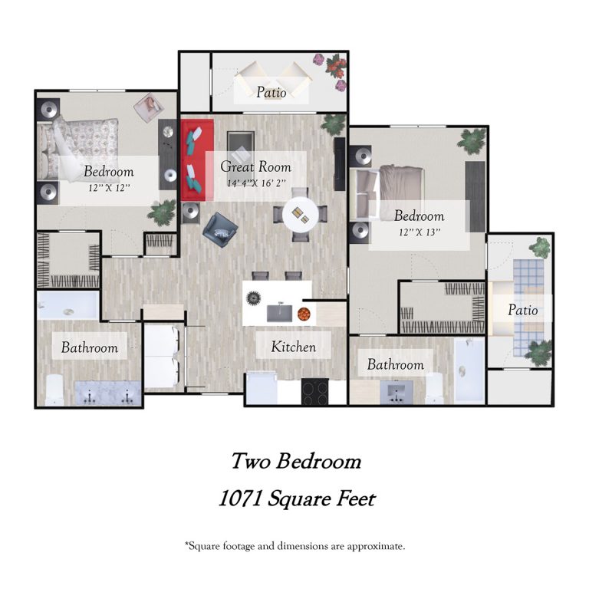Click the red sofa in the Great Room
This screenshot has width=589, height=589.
point(198,160)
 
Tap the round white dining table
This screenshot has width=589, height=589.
point(301,215)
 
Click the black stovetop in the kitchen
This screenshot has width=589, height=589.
point(314,392)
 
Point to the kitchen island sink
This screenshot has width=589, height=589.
point(279,313)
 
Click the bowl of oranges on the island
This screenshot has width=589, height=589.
point(304,314)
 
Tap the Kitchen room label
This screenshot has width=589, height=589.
point(294,347)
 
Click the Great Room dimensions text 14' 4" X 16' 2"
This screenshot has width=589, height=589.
point(256,183)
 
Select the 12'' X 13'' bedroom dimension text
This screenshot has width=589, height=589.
point(420,232)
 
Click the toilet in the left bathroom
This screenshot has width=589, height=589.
point(54,390)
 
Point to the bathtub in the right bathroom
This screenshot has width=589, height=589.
point(469,370)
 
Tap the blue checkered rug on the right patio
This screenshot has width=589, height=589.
point(529,307)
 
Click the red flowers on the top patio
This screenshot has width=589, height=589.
point(336,66)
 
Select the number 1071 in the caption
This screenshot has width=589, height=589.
point(240,499)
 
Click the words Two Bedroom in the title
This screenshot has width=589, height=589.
point(296,461)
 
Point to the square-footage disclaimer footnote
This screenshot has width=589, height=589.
point(294,546)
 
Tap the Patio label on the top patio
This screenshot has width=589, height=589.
point(271,92)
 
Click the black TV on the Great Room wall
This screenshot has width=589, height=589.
point(340,164)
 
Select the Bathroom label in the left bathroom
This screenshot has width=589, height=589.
point(90,347)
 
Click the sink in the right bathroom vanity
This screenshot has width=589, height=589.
point(397,393)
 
